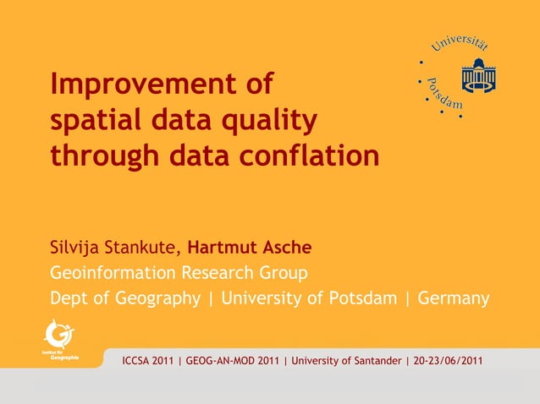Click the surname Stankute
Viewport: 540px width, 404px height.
click(146, 248)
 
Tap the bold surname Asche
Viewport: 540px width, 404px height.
click(287, 248)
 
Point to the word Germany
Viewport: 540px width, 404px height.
click(454, 298)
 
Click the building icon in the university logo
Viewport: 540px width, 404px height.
click(480, 75)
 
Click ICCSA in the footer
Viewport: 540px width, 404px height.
click(141, 363)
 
